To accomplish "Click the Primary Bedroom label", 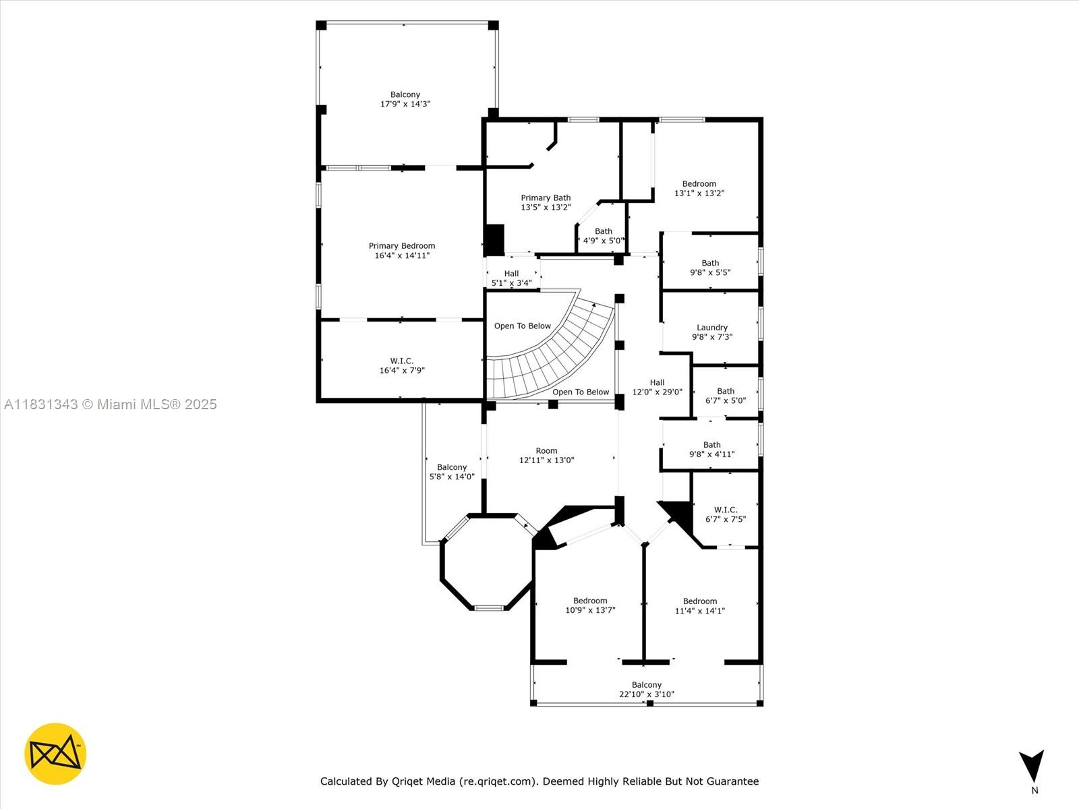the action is point(402,251).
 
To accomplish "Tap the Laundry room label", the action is point(711,332).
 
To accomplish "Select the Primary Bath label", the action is point(546,202).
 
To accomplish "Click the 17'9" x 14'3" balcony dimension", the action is point(405,104).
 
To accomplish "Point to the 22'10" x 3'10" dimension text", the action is point(647,694).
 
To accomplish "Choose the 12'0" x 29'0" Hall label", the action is point(658,387).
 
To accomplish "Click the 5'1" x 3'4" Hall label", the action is point(511,278).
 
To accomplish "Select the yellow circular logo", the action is point(55,754).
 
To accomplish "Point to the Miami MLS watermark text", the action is point(110,404).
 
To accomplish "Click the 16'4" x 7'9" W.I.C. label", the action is point(402,365).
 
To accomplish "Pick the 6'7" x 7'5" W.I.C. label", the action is point(726,514).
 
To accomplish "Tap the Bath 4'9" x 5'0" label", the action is point(603,236).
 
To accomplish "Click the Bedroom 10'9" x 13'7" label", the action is point(590,605).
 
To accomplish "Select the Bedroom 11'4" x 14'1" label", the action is point(699,605).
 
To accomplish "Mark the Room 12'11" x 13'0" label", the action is point(547,455).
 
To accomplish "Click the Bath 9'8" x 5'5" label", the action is point(710,268).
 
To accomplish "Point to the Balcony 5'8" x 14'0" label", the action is point(452,471).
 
